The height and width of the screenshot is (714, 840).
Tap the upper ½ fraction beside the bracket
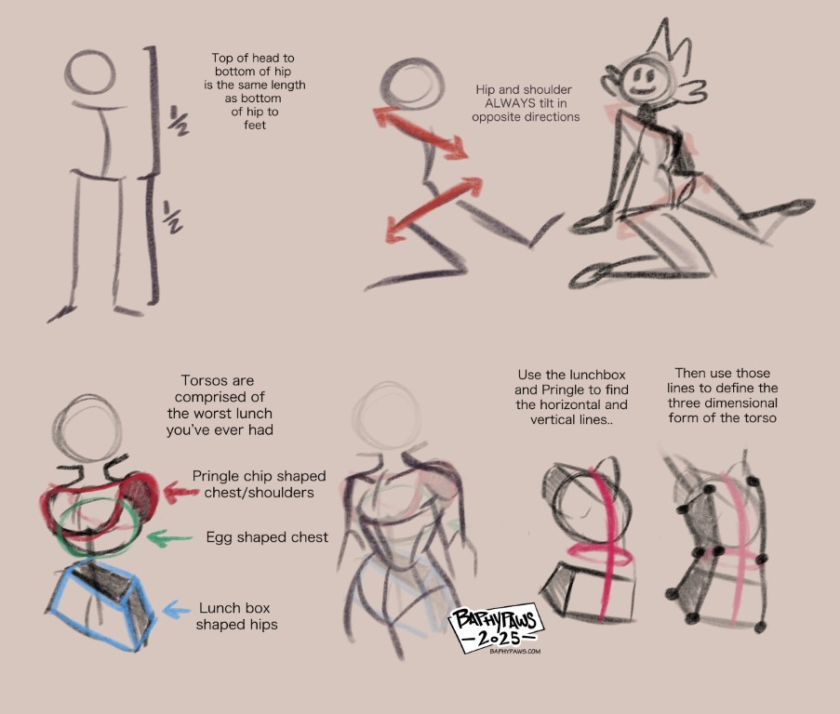178,121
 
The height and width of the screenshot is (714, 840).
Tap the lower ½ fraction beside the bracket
172,217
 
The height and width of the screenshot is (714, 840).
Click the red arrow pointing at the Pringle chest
181,492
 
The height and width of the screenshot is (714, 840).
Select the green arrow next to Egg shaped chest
168,537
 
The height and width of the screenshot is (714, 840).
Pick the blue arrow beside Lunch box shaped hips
176,610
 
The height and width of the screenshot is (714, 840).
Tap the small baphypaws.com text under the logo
514,652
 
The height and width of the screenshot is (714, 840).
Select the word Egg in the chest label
218,538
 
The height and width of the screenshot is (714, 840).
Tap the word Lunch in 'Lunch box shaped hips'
218,608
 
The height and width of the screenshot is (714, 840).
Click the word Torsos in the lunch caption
199,380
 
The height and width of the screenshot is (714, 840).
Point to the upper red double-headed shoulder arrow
420,132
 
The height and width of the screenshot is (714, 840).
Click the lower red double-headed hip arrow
433,209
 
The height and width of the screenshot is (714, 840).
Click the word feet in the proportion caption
255,126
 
